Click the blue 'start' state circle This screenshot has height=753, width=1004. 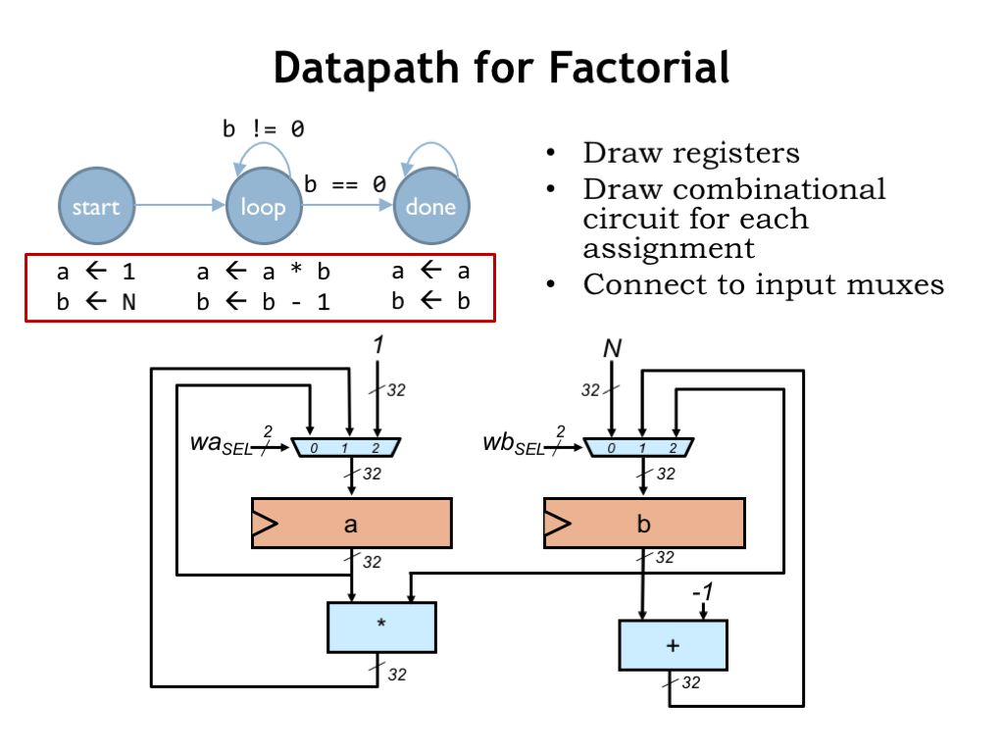click(x=95, y=206)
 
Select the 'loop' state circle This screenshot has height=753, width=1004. click(x=263, y=206)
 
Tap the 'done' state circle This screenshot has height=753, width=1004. click(x=430, y=206)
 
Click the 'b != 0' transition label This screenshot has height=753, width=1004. click(x=263, y=128)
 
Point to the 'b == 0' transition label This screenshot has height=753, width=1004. click(x=344, y=183)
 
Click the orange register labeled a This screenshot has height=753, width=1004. click(x=351, y=524)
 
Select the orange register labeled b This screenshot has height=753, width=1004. click(x=643, y=524)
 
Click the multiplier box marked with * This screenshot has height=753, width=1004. click(x=380, y=627)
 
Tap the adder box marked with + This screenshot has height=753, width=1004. click(x=673, y=645)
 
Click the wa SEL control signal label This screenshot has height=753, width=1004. click(x=221, y=445)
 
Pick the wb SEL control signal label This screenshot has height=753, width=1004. click(x=513, y=445)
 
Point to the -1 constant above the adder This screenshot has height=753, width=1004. click(x=702, y=594)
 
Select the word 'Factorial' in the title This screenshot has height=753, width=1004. click(x=638, y=68)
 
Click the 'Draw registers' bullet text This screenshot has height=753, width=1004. click(x=690, y=154)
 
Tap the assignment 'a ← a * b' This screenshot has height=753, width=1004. click(x=263, y=272)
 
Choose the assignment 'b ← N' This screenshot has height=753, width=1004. click(x=95, y=302)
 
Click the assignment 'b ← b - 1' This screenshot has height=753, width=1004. click(x=263, y=302)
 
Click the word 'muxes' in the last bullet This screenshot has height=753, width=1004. click(x=898, y=285)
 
